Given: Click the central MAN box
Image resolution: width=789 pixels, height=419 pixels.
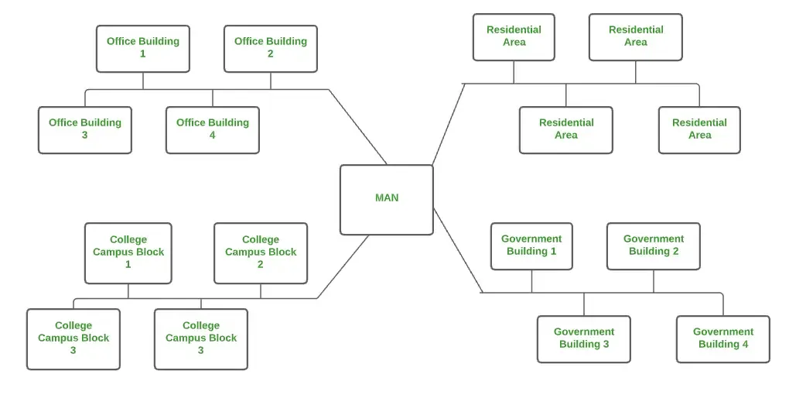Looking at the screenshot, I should pos(386,199).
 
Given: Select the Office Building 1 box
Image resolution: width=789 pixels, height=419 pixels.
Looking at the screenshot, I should pos(143,48).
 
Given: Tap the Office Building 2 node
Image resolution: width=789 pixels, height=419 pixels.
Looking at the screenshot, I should pos(270,48).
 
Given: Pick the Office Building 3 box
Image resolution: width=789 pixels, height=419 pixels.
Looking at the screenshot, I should pos(85,129).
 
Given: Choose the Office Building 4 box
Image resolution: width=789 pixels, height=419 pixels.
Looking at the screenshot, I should pos(213,129).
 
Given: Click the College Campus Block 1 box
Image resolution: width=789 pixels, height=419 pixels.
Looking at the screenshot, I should pos(128,252).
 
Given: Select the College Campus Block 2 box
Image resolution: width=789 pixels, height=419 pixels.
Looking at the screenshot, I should pos(261,252).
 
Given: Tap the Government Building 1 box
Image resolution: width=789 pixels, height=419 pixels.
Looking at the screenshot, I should pos(531,246).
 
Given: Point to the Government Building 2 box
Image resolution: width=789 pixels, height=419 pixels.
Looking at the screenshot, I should pos(654,246).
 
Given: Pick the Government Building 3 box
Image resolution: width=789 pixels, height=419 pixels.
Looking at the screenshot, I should pos(584,338).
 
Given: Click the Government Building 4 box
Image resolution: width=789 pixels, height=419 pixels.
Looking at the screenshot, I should pos(723,338).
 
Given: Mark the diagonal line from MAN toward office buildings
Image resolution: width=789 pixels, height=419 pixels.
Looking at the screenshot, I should pos(358,127).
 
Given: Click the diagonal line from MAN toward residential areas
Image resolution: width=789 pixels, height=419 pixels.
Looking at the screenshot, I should pos(449,124).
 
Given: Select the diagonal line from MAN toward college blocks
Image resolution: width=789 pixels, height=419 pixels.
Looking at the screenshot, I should pos(343,267).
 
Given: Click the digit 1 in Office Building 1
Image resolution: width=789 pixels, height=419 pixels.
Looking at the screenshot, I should pos(143,54).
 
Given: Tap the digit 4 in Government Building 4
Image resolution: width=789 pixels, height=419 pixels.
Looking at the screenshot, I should pos(745,345).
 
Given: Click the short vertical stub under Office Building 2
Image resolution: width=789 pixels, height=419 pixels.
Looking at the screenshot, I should pos(271,81).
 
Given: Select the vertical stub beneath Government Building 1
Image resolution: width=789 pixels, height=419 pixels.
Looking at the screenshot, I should pos(531,281).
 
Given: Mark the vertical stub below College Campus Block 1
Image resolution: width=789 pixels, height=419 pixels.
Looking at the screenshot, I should pos(128,291).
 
